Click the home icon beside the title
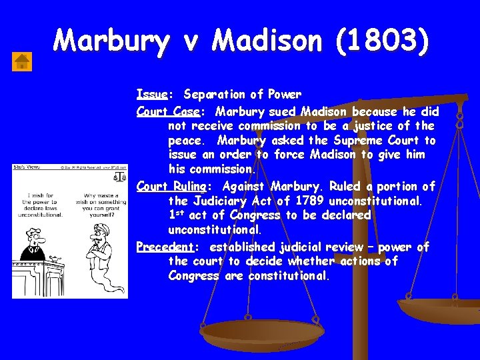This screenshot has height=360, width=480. click(23, 61)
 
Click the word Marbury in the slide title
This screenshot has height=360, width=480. click(111, 41)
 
